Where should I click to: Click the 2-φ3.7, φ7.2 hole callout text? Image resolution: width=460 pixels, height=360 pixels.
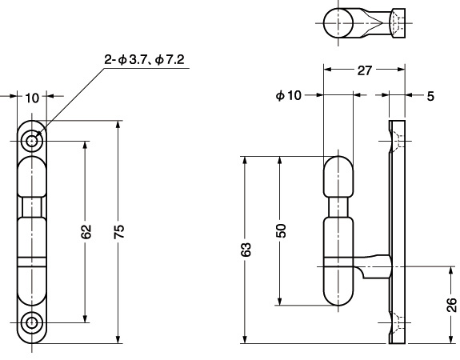[144, 59]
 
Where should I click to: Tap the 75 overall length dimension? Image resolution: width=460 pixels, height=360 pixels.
[119, 231]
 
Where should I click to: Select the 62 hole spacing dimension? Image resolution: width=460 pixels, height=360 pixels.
[86, 231]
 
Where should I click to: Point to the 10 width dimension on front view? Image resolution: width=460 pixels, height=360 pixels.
[32, 98]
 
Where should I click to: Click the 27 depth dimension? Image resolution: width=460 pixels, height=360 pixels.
[364, 70]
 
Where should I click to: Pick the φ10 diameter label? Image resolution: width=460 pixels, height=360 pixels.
[288, 95]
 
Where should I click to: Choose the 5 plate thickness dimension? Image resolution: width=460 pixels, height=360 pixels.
[430, 96]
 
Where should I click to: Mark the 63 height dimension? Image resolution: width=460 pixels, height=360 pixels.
[246, 250]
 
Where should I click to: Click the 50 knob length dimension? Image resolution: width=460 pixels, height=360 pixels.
[281, 230]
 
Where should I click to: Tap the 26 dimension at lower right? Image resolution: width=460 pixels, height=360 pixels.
[451, 305]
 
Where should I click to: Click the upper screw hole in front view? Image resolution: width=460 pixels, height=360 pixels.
[32, 142]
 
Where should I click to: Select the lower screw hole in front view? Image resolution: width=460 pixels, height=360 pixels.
[32, 322]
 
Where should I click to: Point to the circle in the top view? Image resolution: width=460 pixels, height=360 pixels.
[338, 23]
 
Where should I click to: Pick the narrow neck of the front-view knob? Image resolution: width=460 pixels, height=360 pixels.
[32, 207]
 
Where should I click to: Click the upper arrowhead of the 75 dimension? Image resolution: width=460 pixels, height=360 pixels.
[118, 124]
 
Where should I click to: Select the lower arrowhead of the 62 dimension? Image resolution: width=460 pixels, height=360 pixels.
[85, 319]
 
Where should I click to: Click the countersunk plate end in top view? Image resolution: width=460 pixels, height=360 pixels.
[398, 23]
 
